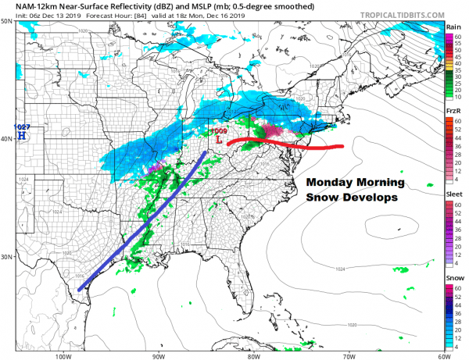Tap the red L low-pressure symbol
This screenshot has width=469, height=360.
(x=220, y=138)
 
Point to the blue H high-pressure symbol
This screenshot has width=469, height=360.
(x=23, y=135)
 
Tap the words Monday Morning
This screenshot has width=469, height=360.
(x=354, y=183)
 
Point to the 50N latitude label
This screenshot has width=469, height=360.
(x=7, y=22)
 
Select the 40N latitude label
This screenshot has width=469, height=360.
(x=7, y=140)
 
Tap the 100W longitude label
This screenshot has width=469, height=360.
(x=62, y=353)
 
